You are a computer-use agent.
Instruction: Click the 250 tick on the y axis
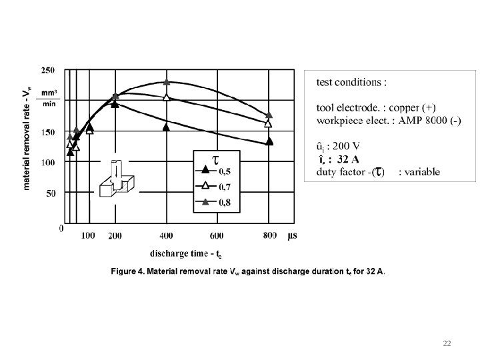[x=49, y=69]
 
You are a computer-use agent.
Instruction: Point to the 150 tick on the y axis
[x=49, y=132]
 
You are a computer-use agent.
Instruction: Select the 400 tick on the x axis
[x=167, y=235]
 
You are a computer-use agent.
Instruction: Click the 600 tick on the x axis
[x=217, y=235]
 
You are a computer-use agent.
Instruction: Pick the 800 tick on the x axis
[x=269, y=235]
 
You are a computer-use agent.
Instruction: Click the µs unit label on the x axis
[x=293, y=235]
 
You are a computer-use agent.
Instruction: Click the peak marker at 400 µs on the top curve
[x=167, y=83]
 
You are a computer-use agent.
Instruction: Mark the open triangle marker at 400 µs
[x=167, y=98]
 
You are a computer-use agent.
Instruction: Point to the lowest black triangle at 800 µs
[x=269, y=141]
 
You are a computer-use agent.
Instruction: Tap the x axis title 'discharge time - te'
[x=185, y=253]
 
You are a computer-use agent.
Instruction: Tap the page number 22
[x=447, y=343]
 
